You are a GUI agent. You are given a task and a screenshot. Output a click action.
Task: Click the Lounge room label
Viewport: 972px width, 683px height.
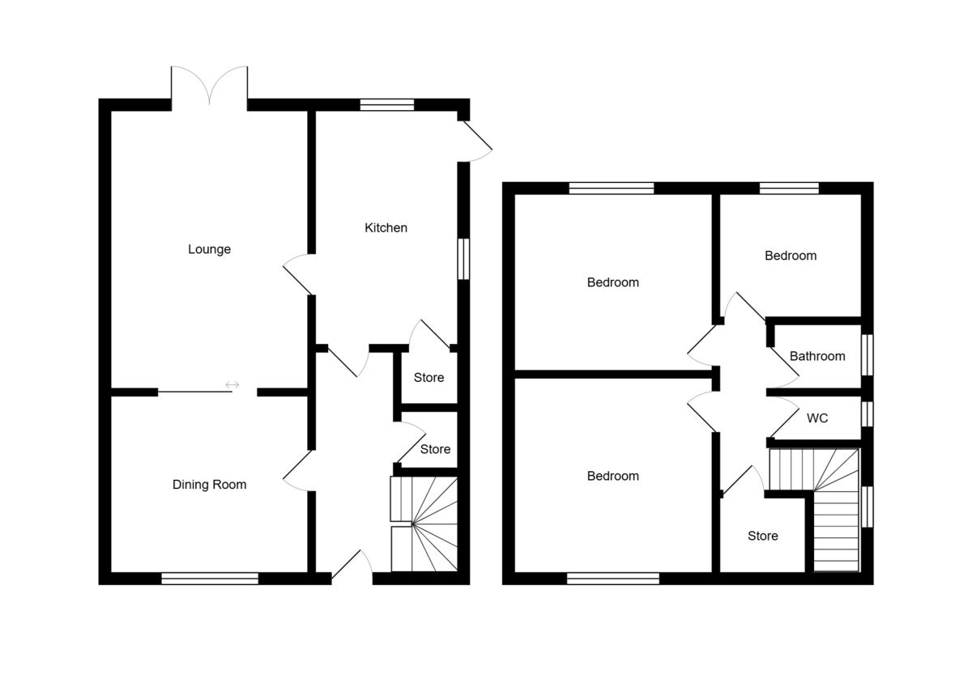[x=209, y=249]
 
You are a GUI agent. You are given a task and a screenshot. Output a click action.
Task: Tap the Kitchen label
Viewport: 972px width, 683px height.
[x=386, y=228]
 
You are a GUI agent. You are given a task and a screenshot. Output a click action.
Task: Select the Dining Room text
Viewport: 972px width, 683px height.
[x=209, y=485]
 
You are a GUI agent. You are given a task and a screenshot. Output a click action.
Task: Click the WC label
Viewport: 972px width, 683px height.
[x=817, y=418]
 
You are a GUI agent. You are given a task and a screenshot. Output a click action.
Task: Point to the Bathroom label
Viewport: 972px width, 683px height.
[x=817, y=356]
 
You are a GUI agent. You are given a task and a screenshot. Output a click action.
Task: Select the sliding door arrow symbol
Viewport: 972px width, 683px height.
[x=233, y=384]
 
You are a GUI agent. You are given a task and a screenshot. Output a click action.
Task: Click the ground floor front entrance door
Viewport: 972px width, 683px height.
[x=352, y=566]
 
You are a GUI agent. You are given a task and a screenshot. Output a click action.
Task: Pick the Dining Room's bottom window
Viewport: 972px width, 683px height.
[x=209, y=578]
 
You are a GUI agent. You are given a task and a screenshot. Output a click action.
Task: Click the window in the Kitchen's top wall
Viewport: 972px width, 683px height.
[x=387, y=104]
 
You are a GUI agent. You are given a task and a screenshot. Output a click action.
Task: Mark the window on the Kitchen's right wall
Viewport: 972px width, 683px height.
[x=463, y=259]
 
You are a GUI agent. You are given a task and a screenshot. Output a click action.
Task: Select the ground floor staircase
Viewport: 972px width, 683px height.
[x=424, y=524]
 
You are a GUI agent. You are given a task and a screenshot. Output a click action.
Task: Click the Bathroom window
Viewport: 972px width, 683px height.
[x=867, y=354]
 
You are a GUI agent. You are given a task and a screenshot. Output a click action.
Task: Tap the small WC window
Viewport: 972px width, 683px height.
[x=867, y=414]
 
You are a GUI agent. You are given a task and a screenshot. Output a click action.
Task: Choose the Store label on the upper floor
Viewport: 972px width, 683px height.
[x=762, y=536]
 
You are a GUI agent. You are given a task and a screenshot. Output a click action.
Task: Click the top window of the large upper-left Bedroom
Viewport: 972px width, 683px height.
[x=611, y=189]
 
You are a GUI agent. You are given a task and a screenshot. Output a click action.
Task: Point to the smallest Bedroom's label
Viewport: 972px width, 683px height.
[x=791, y=256]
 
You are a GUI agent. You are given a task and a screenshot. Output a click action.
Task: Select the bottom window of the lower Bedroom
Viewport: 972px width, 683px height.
[x=613, y=578]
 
